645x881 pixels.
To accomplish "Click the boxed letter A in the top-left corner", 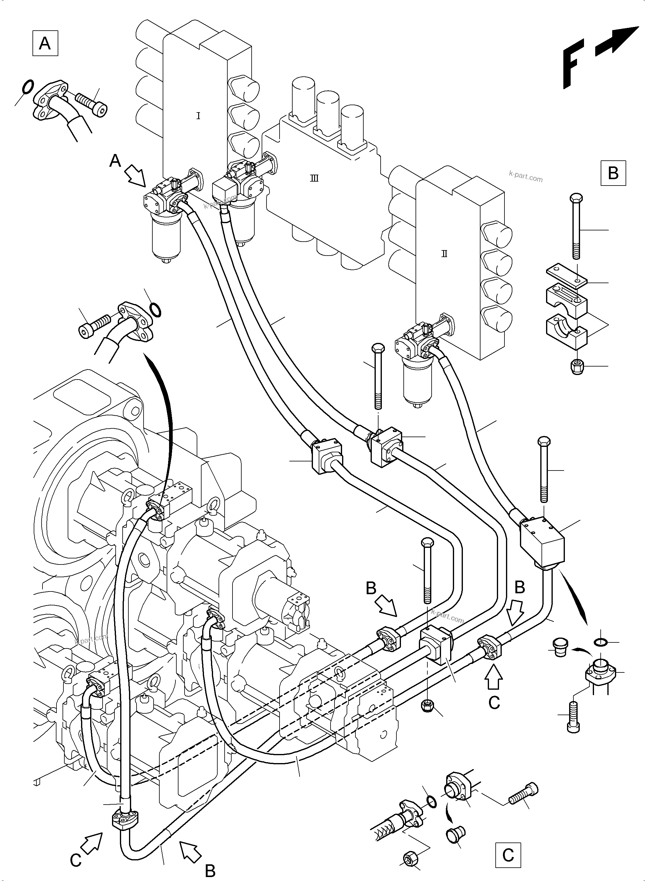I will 45,43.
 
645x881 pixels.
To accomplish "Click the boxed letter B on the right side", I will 613,173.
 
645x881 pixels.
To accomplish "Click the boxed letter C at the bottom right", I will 508,855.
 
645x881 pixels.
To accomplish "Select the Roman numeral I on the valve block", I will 198,116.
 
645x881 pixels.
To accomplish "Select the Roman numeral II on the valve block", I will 444,254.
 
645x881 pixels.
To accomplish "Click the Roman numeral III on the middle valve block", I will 314,179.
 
